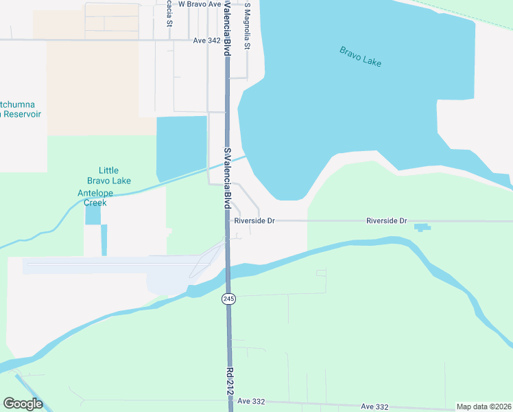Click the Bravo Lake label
pos(360,56)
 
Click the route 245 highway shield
pos(228,299)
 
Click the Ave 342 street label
pos(206,41)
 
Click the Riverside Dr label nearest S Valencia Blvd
pos(254,221)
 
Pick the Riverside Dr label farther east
pos(387,221)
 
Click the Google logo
pos(23,403)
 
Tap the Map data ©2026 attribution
pos(484,407)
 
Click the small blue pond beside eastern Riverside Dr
pos(422,227)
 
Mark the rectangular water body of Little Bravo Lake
pos(182,147)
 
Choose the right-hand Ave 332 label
pos(374,407)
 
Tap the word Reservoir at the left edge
pos(22,113)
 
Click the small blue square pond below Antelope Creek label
pos(93,215)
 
